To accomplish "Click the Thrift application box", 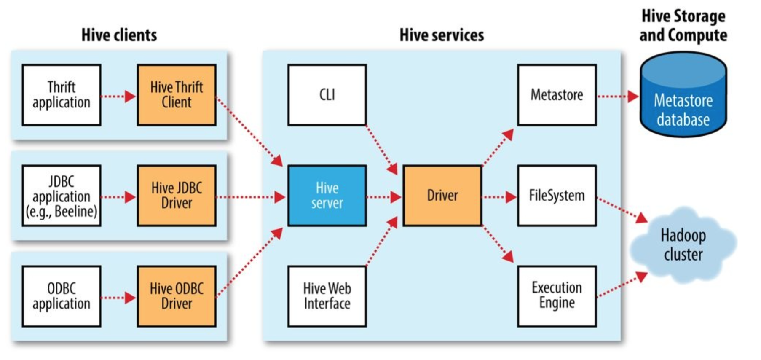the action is click(x=62, y=95).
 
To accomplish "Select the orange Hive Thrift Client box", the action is click(x=177, y=95).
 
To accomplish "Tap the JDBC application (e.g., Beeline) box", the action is click(x=62, y=196).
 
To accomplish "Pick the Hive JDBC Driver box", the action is click(x=177, y=196).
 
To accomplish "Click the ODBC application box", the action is click(x=62, y=296).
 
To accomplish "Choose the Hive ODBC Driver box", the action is click(x=177, y=296).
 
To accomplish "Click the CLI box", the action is click(x=327, y=95).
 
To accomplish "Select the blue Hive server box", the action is click(x=327, y=196).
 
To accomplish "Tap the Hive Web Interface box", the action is click(x=327, y=296).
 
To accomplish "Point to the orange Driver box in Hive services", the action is click(x=442, y=196).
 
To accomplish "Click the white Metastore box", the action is click(x=557, y=95).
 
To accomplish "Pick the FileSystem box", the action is click(x=557, y=196).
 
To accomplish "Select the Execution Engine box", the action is click(x=557, y=296).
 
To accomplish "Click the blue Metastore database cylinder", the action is click(x=683, y=95).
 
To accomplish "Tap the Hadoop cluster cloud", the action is click(x=683, y=245).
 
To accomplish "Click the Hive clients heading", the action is click(x=119, y=35).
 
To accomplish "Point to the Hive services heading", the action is click(x=442, y=35).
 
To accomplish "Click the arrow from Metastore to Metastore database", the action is click(x=618, y=97).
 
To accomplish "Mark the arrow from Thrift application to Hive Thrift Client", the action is click(x=119, y=97).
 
